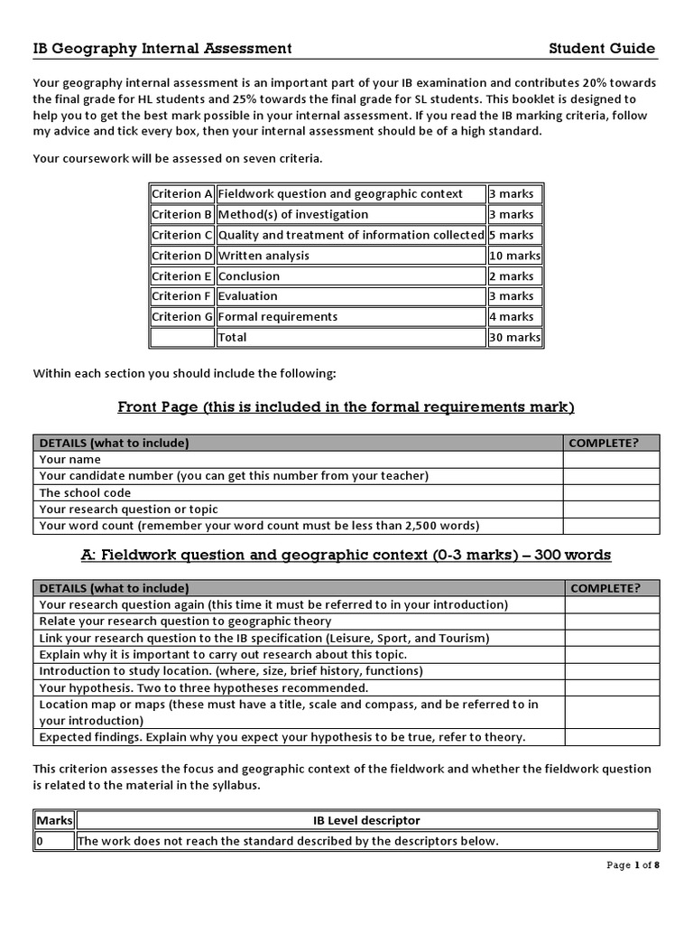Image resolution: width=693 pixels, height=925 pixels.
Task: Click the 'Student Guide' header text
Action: [x=601, y=49]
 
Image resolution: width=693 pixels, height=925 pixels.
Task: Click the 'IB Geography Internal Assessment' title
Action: [x=162, y=49]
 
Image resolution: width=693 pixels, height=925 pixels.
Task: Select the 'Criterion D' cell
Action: [x=182, y=256]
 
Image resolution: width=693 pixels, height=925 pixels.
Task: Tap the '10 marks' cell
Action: [x=514, y=256]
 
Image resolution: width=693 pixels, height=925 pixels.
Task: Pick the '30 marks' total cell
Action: [x=514, y=338]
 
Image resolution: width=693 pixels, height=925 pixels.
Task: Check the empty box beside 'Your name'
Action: [x=611, y=460]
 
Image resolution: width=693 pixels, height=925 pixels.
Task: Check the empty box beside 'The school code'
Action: [x=611, y=493]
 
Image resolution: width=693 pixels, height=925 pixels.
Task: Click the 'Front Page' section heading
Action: [x=346, y=407]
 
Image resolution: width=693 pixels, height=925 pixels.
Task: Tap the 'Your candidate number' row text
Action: [x=234, y=476]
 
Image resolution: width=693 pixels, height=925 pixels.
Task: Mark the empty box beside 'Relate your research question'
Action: [x=612, y=621]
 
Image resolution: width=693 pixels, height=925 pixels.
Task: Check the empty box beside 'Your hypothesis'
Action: [x=612, y=687]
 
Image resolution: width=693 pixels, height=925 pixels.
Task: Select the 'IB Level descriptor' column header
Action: [x=366, y=821]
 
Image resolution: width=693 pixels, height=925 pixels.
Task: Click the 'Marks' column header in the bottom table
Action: [x=53, y=821]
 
